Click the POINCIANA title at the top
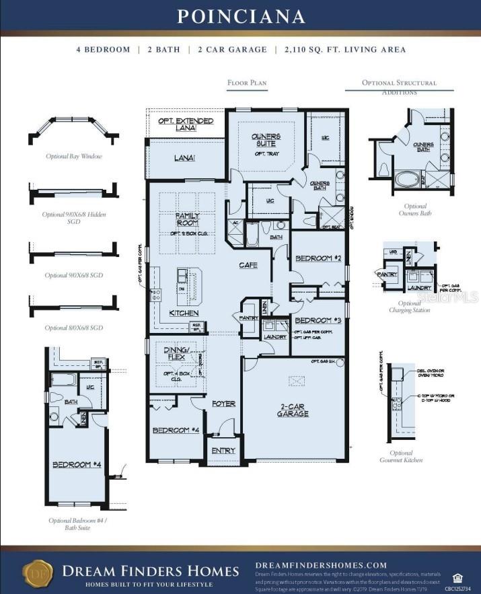[x=241, y=16]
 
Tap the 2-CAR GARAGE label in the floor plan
[x=292, y=410]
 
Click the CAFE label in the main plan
[x=248, y=265]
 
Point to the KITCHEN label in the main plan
[x=184, y=313]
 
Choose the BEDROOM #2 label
[x=319, y=258]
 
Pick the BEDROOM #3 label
[x=318, y=320]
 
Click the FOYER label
[x=223, y=404]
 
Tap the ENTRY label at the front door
[x=223, y=450]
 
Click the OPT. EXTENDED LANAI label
[x=186, y=124]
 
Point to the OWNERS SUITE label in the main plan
[x=266, y=140]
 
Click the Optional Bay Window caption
[x=74, y=156]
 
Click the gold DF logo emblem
[x=38, y=572]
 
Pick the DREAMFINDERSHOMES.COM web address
[x=321, y=565]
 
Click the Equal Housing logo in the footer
[x=457, y=577]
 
